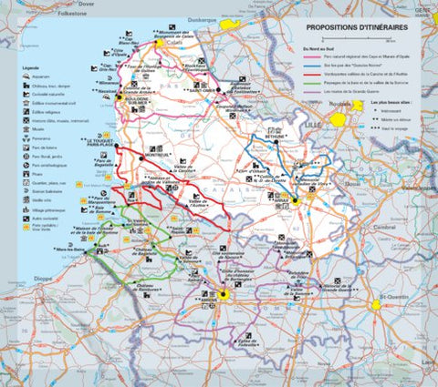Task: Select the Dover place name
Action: tap(87, 4)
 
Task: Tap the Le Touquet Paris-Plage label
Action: tap(102, 144)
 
